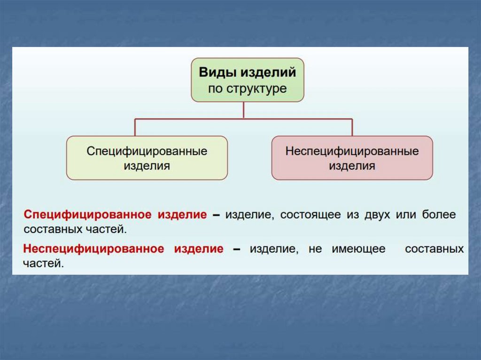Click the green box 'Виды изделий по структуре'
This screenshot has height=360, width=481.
248,80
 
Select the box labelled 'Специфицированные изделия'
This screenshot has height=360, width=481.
147,158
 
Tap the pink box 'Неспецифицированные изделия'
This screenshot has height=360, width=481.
352,158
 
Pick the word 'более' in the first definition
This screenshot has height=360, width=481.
439,215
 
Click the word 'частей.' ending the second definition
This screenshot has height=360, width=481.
43,264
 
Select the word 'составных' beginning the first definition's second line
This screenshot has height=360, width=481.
51,230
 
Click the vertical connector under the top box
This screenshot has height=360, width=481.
244,110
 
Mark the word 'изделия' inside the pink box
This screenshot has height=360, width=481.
352,166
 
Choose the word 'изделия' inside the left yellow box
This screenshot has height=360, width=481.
147,166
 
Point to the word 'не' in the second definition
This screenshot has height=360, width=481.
315,249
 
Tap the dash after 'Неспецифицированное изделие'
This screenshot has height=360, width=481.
237,249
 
